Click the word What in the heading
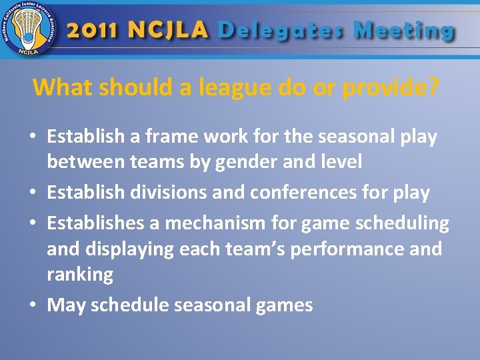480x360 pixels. pos(63,87)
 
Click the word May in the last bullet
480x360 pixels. pos(66,305)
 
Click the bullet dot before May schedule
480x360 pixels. pos(33,306)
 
